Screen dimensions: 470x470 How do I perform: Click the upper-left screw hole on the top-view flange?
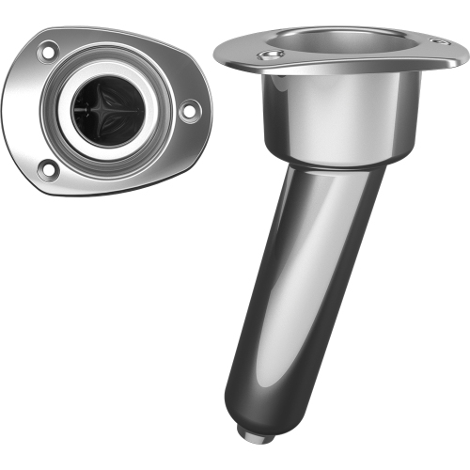pos(47,52)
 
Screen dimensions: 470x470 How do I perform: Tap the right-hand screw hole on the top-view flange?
pos(189,111)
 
